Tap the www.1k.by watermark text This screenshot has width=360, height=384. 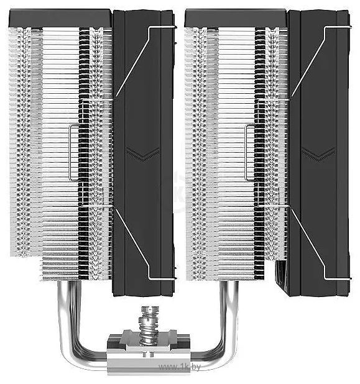point(180,367)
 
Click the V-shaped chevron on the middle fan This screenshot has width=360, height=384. point(143,154)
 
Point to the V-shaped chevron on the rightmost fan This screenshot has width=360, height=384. point(319,154)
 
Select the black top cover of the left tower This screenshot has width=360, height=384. point(61,18)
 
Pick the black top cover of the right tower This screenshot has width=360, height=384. point(236,18)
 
